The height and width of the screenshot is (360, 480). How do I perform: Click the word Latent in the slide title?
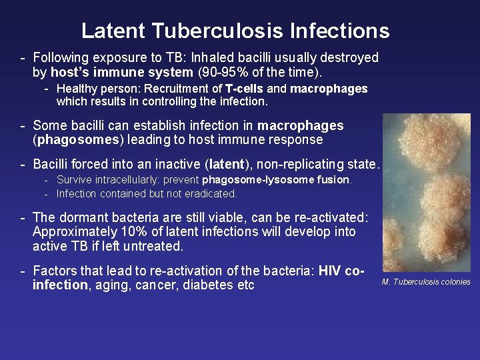coord(113,31)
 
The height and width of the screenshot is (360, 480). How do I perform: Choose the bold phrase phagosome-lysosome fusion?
coord(276,180)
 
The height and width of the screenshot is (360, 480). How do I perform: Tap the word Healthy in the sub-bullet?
coord(77,89)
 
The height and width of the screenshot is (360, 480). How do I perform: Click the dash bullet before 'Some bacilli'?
coord(23,125)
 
